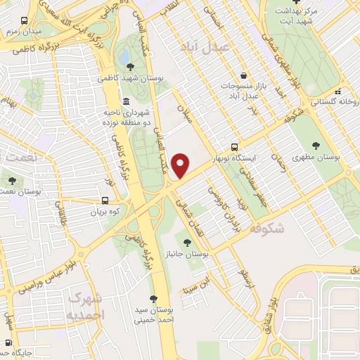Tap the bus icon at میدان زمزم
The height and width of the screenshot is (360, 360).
[25, 21]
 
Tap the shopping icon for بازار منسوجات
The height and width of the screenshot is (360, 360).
[243, 75]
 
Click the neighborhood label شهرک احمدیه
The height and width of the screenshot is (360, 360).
[86, 306]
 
